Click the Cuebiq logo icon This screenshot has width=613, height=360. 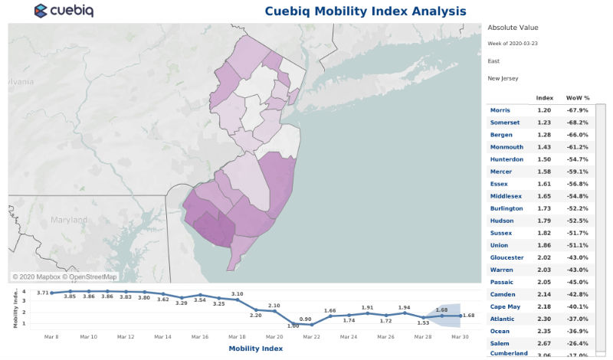tap(41, 11)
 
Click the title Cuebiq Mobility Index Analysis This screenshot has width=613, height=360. tap(365, 11)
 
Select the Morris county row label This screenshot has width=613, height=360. tap(500, 110)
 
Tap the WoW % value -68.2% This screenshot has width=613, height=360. tap(577, 123)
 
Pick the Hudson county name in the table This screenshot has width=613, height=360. tap(503, 221)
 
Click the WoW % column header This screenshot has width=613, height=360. tap(577, 98)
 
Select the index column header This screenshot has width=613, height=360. tap(545, 98)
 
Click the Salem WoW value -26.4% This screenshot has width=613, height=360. tap(577, 343)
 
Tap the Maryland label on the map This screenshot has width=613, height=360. tap(70, 220)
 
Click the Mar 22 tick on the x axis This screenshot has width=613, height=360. tap(311, 337)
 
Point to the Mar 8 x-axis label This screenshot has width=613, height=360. tap(51, 337)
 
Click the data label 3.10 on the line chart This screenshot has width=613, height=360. tap(237, 294)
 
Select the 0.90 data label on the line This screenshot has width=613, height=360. tap(305, 319)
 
